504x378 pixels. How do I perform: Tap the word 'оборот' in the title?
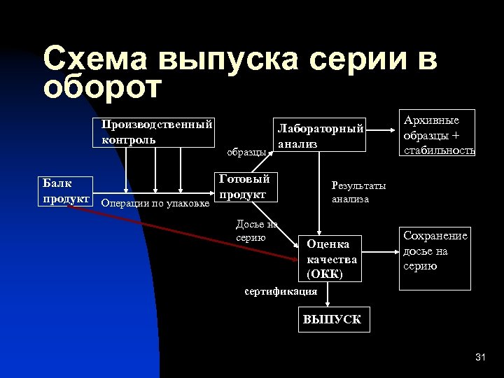pyautogui.click(x=102, y=87)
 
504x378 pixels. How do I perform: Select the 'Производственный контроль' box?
pyautogui.click(x=155, y=132)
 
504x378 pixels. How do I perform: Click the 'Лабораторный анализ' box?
pyautogui.click(x=321, y=135)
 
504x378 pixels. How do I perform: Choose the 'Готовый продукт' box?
pyautogui.click(x=246, y=186)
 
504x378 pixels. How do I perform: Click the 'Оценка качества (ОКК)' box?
pyautogui.click(x=331, y=258)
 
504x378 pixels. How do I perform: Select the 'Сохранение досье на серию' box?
pyautogui.click(x=435, y=258)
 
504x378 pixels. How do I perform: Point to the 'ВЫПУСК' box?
pyautogui.click(x=332, y=320)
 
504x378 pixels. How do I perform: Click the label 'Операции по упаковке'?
pyautogui.click(x=155, y=204)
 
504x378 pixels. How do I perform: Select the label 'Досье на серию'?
pyautogui.click(x=256, y=230)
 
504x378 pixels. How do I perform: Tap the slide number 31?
pyautogui.click(x=479, y=358)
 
